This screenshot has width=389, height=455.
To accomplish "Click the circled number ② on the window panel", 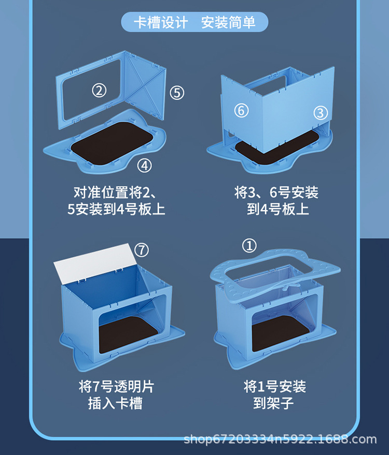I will point(99,91).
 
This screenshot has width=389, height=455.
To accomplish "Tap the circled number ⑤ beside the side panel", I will point(177,93).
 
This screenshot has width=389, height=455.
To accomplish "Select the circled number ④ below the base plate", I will point(145,166).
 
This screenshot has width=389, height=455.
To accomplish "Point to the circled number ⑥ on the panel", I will point(241,110).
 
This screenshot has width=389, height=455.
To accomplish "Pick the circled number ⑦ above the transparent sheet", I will point(141,250).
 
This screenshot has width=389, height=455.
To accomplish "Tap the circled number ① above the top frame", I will point(250,246).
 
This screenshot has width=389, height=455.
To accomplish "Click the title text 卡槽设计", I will point(161,23).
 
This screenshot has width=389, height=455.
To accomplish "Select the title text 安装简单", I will point(228,23).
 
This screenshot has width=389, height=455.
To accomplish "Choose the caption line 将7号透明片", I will point(116,387).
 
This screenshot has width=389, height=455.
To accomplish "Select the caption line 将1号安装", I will point(275,387).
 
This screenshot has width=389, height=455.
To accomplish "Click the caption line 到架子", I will point(275,403).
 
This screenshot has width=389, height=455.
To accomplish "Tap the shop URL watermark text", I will point(280,439).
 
